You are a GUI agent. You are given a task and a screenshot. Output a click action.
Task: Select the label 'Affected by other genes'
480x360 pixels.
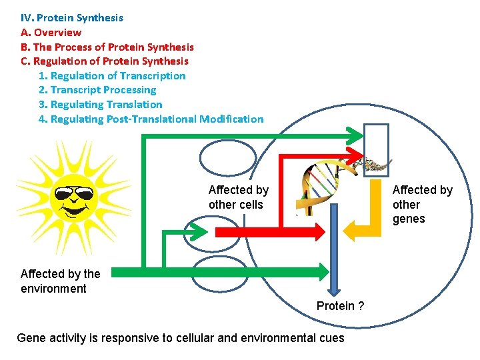click(x=422, y=205)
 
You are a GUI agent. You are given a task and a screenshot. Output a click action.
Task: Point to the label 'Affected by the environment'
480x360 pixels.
click(x=60, y=281)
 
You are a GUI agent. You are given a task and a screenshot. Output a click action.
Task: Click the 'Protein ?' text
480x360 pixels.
click(x=340, y=306)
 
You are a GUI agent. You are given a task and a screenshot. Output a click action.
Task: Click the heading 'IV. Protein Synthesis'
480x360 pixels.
click(x=72, y=18)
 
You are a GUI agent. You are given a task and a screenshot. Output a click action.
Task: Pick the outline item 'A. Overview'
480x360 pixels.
click(x=51, y=32)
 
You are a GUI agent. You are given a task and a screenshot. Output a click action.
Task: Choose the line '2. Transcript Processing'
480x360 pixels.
click(x=97, y=89)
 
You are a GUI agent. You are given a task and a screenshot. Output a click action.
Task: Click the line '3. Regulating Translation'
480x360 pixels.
click(x=100, y=104)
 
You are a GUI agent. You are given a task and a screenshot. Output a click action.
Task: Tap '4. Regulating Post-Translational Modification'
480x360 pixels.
click(x=151, y=119)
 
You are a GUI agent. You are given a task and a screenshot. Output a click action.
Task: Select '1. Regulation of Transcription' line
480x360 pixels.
click(x=112, y=75)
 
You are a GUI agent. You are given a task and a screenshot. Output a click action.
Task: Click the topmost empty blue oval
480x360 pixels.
click(x=228, y=157)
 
